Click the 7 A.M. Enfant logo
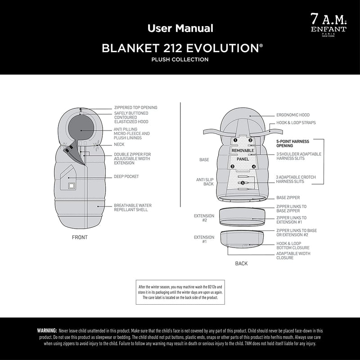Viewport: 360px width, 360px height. point(328,25)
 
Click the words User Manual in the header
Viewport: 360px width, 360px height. point(180,28)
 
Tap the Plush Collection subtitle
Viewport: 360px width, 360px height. point(180,59)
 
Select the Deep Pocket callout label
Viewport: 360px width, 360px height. point(126,176)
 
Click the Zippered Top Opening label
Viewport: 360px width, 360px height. point(136,108)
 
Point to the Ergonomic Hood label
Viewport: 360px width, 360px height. point(293,115)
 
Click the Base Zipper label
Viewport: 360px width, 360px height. point(288,198)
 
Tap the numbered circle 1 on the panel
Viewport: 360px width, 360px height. point(235,140)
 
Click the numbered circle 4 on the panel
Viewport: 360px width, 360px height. point(254,166)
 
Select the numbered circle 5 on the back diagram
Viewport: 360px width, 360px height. point(243,183)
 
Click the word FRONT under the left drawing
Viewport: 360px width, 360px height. point(80,238)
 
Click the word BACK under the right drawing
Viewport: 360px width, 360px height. point(241,264)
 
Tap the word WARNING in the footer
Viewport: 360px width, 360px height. point(47,331)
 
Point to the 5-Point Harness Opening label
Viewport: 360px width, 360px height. point(293,144)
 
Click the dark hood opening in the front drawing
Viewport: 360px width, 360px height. point(81,127)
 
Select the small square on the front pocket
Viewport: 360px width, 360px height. point(71,185)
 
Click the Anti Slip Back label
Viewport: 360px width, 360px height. point(205,182)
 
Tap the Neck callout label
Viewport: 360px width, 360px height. point(119,144)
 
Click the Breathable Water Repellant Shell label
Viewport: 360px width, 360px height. point(133,207)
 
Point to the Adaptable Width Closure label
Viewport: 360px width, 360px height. point(293,256)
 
